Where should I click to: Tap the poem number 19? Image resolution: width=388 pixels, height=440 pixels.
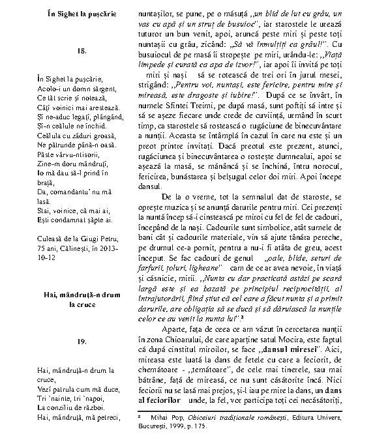[64, 341]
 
